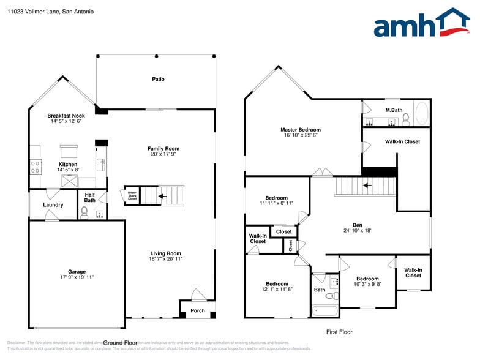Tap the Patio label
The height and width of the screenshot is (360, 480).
pos(158,79)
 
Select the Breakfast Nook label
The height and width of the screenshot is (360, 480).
pos(66,116)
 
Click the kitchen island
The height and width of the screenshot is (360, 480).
pos(68,150)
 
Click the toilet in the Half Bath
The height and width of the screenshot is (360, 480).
pos(85,212)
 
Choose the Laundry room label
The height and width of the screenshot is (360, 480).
pos(53,205)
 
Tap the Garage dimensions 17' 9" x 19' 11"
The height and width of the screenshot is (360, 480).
pos(77,277)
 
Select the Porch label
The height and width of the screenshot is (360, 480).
pos(198,310)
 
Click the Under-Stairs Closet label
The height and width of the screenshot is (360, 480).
pos(132,197)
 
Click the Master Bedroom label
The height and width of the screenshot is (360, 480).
pos(300,130)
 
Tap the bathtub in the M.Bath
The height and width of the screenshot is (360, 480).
pos(422,114)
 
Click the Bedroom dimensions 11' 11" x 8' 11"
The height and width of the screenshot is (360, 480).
pos(277,203)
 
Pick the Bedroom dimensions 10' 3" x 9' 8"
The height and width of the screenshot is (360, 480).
pos(367,284)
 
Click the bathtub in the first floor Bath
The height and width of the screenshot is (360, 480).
pos(324,310)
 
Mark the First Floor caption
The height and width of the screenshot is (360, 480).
pos(339,332)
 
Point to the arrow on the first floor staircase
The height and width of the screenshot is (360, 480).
pos(367,184)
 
